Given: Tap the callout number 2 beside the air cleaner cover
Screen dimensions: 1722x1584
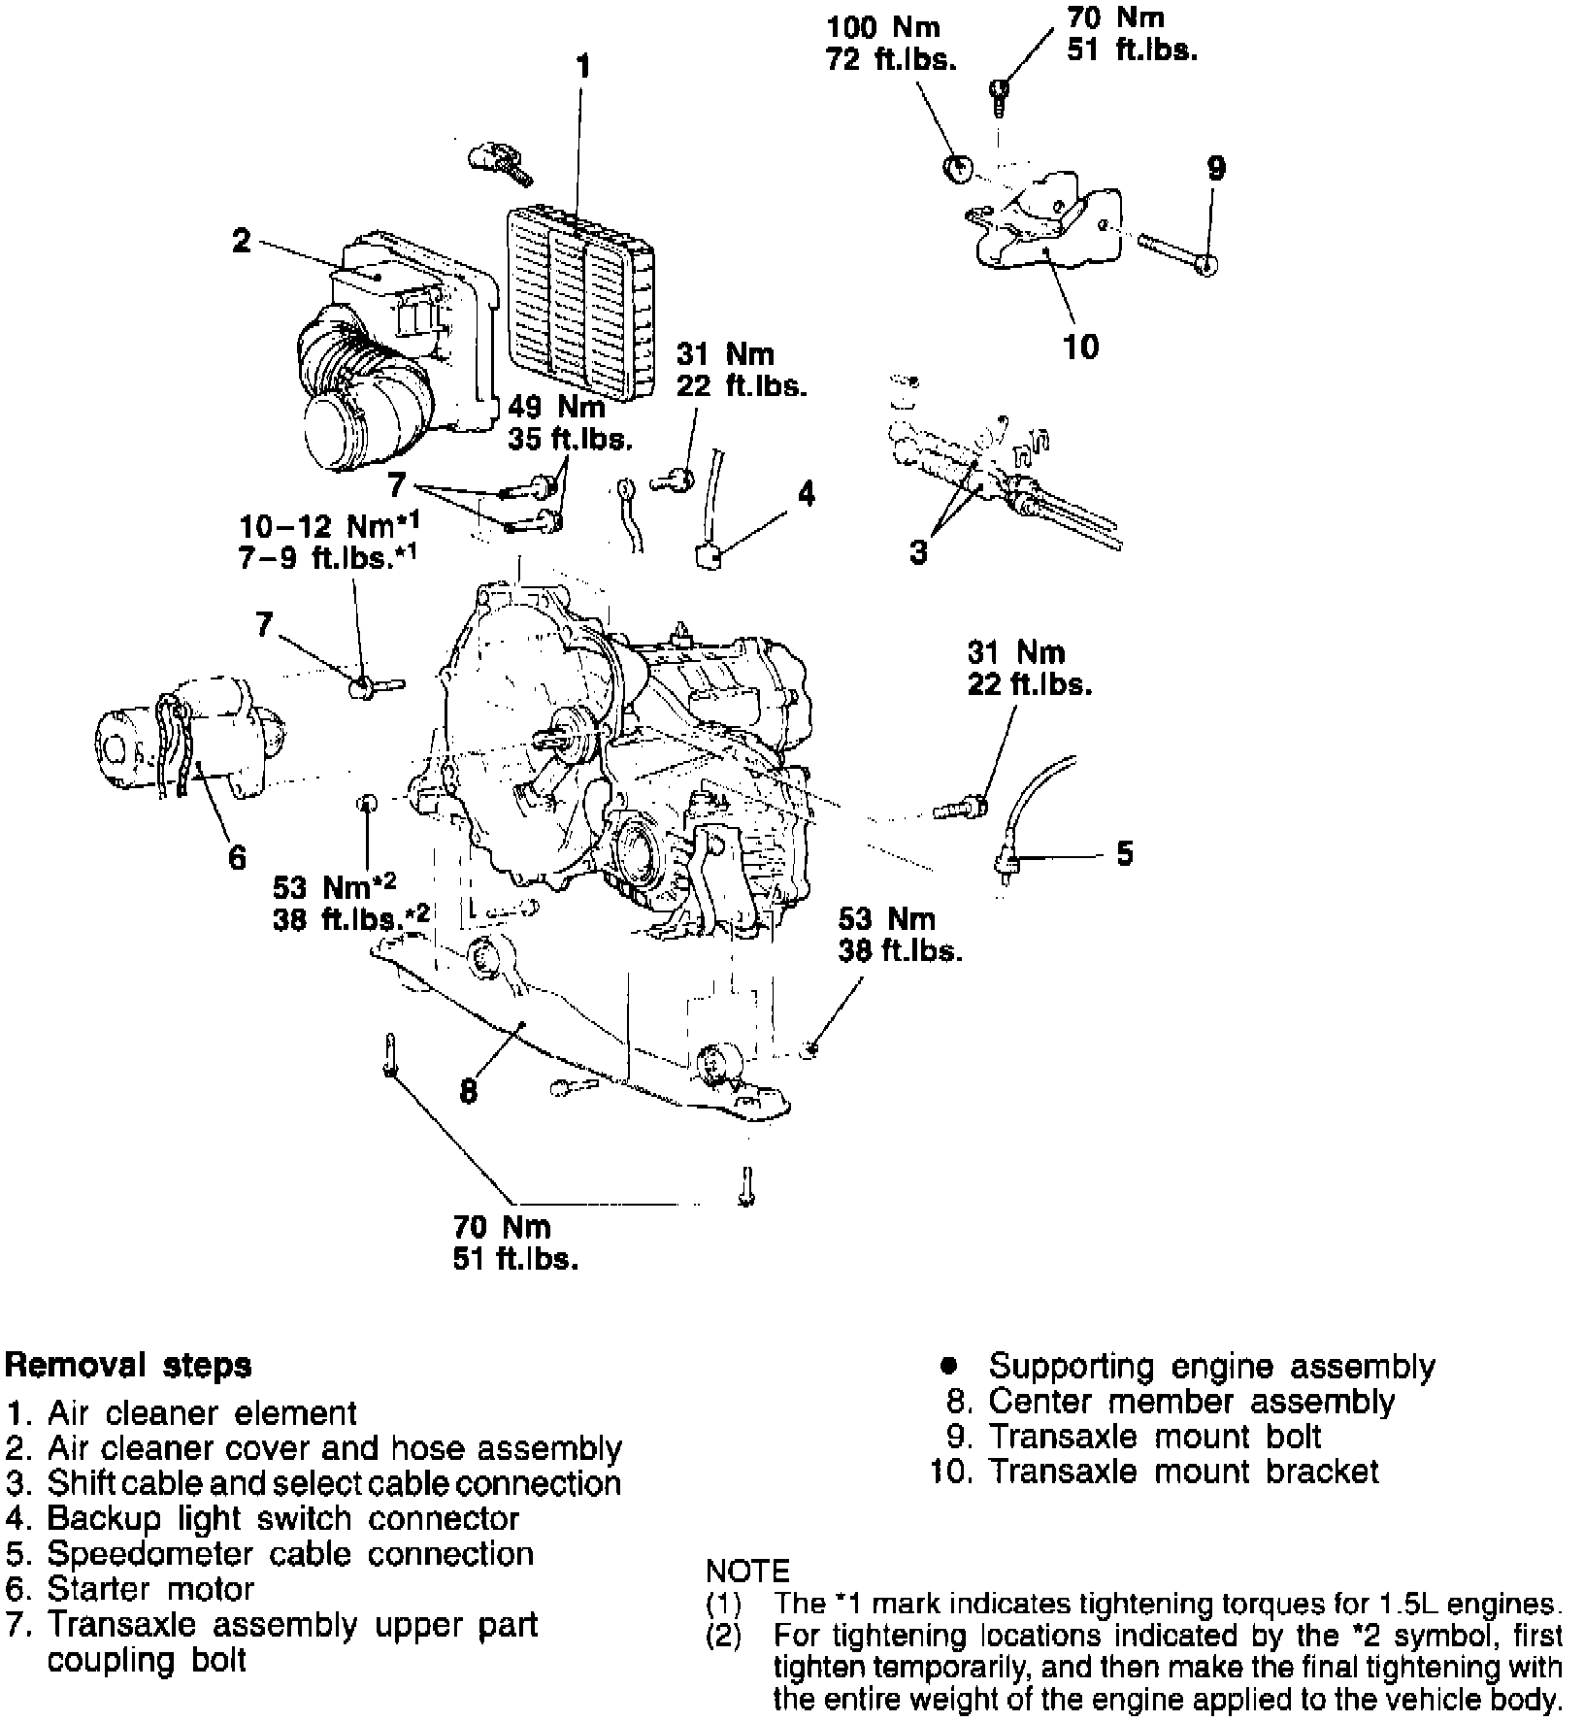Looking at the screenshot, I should (242, 240).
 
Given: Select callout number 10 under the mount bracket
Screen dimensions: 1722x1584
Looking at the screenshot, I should (1081, 347).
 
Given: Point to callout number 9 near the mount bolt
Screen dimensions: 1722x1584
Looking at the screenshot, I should (1216, 168).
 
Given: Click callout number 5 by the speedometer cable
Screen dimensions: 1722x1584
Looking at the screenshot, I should (1124, 854).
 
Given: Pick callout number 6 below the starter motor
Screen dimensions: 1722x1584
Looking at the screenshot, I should (237, 857).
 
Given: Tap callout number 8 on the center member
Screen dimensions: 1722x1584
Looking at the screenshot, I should (469, 1092).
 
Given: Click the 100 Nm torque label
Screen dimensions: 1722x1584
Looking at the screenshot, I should (883, 27).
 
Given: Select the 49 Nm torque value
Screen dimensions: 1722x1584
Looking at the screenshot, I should (556, 406).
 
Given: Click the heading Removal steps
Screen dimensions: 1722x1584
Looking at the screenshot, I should (128, 1365).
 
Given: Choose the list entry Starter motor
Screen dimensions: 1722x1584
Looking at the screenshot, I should (149, 1589).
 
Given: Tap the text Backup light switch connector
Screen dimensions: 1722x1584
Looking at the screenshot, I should (282, 1518).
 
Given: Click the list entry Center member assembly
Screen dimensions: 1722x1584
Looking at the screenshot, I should (1190, 1401).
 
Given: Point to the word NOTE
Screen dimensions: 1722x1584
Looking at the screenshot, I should (747, 1571).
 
